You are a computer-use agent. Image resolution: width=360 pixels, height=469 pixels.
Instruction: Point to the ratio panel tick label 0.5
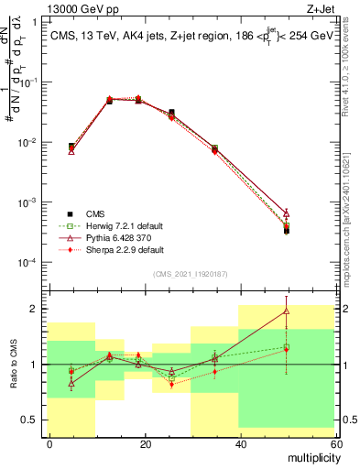[30, 420]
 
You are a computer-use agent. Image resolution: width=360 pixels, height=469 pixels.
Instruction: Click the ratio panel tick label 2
[35, 309]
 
